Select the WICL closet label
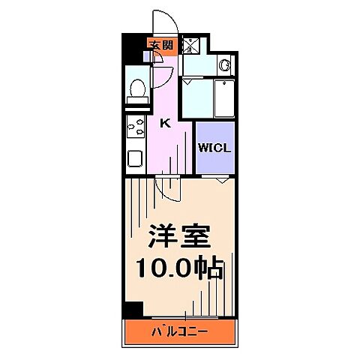click(214, 147)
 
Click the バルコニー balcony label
click(180, 331)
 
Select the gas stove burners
click(135, 130)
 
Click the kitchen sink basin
click(135, 158)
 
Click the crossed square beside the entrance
click(190, 46)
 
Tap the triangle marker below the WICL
click(222, 179)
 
